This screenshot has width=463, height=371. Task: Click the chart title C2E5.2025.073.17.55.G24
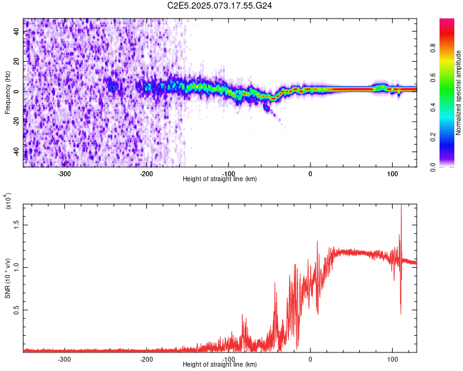(220, 6)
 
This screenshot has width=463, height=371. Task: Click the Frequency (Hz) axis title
(7, 93)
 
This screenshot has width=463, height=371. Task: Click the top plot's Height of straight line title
(220, 179)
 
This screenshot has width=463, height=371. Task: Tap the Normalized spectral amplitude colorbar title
(458, 93)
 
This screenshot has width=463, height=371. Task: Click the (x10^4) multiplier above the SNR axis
(7, 202)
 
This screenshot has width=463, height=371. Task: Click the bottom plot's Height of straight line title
(220, 365)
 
